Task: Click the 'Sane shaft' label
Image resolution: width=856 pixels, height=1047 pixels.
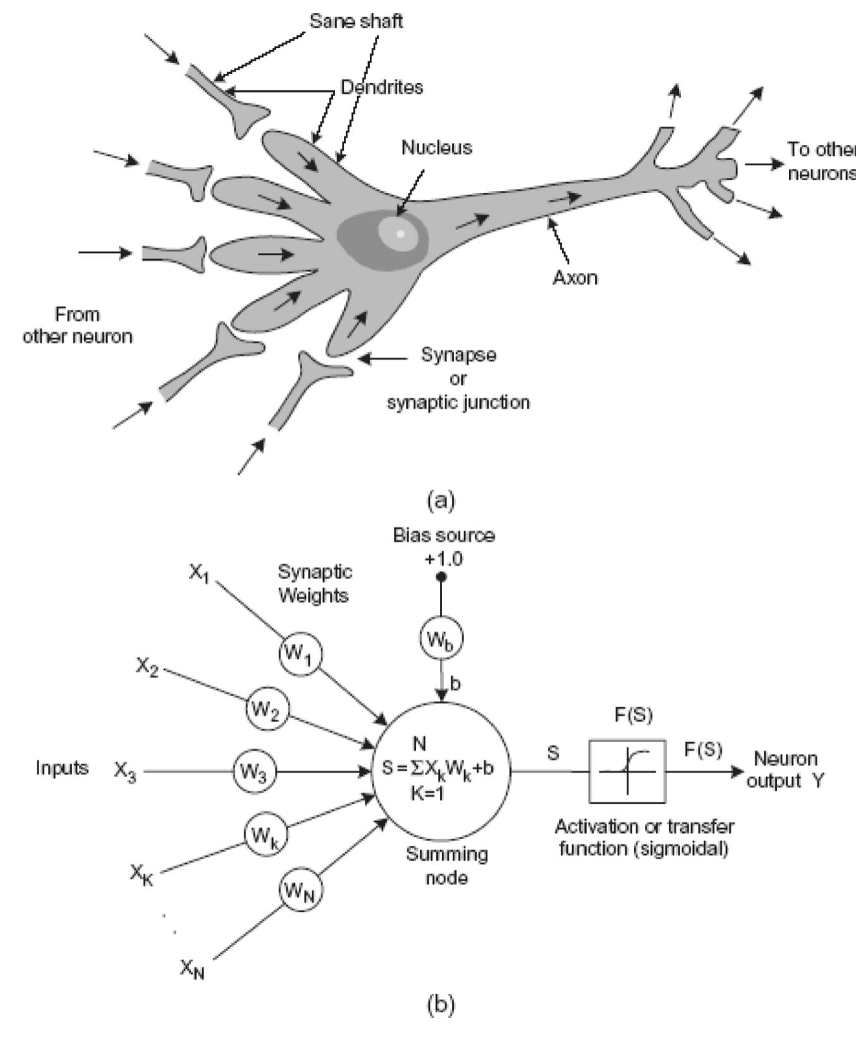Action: point(355,21)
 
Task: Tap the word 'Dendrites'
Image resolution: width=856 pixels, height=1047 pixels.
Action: point(381,87)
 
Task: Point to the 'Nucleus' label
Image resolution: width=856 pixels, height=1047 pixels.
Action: point(436,148)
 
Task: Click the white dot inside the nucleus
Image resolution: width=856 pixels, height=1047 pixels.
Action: point(400,233)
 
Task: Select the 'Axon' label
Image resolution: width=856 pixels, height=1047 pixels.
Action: point(575,278)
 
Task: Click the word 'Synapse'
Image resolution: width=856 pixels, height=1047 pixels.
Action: point(458,355)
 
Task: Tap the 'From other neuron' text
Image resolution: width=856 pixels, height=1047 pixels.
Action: point(77,325)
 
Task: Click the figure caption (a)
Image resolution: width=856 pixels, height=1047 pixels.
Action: point(441,500)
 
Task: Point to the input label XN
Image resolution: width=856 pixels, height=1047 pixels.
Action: point(192,968)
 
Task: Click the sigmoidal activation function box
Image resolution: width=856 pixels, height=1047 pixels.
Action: point(627,771)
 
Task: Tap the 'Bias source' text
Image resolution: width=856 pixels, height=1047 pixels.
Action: point(444,536)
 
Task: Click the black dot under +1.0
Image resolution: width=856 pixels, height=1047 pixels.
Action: point(441,577)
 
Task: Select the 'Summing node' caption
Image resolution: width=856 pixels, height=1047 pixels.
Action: point(446,866)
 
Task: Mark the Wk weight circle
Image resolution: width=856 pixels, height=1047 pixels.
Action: point(266,836)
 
